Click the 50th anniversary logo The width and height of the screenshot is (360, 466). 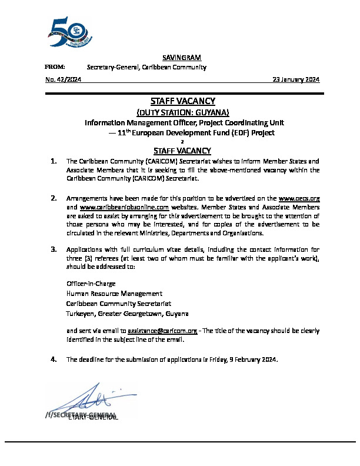(x=68, y=32)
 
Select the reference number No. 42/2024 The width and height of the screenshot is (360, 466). (x=63, y=79)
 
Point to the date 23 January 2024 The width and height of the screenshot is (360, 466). (x=296, y=79)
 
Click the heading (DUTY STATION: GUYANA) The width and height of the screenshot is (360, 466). (x=182, y=112)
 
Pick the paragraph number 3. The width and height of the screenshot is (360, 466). (x=54, y=249)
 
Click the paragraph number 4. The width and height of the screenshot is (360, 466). (x=54, y=359)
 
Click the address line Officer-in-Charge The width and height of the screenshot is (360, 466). (x=91, y=284)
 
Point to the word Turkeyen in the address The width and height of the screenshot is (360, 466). (x=79, y=313)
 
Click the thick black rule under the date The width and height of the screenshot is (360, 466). (x=184, y=93)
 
